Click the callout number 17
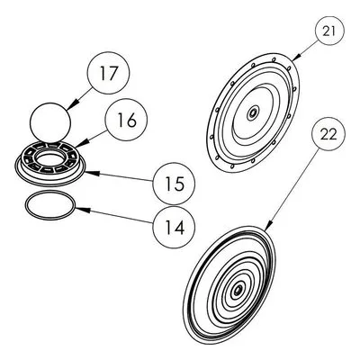[109, 73]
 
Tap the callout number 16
[127, 120]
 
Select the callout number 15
[175, 184]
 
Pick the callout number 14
[174, 227]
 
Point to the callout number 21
[329, 31]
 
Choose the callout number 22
[328, 135]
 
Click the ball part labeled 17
[50, 123]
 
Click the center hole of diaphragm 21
[253, 113]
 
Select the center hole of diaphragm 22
[238, 290]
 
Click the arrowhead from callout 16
[81, 143]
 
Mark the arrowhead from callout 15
[92, 173]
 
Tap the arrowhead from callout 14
[83, 210]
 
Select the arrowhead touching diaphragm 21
[297, 57]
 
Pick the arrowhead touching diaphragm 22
[268, 226]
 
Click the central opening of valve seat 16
[50, 158]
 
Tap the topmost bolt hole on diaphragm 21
[274, 59]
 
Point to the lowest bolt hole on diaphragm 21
[232, 166]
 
